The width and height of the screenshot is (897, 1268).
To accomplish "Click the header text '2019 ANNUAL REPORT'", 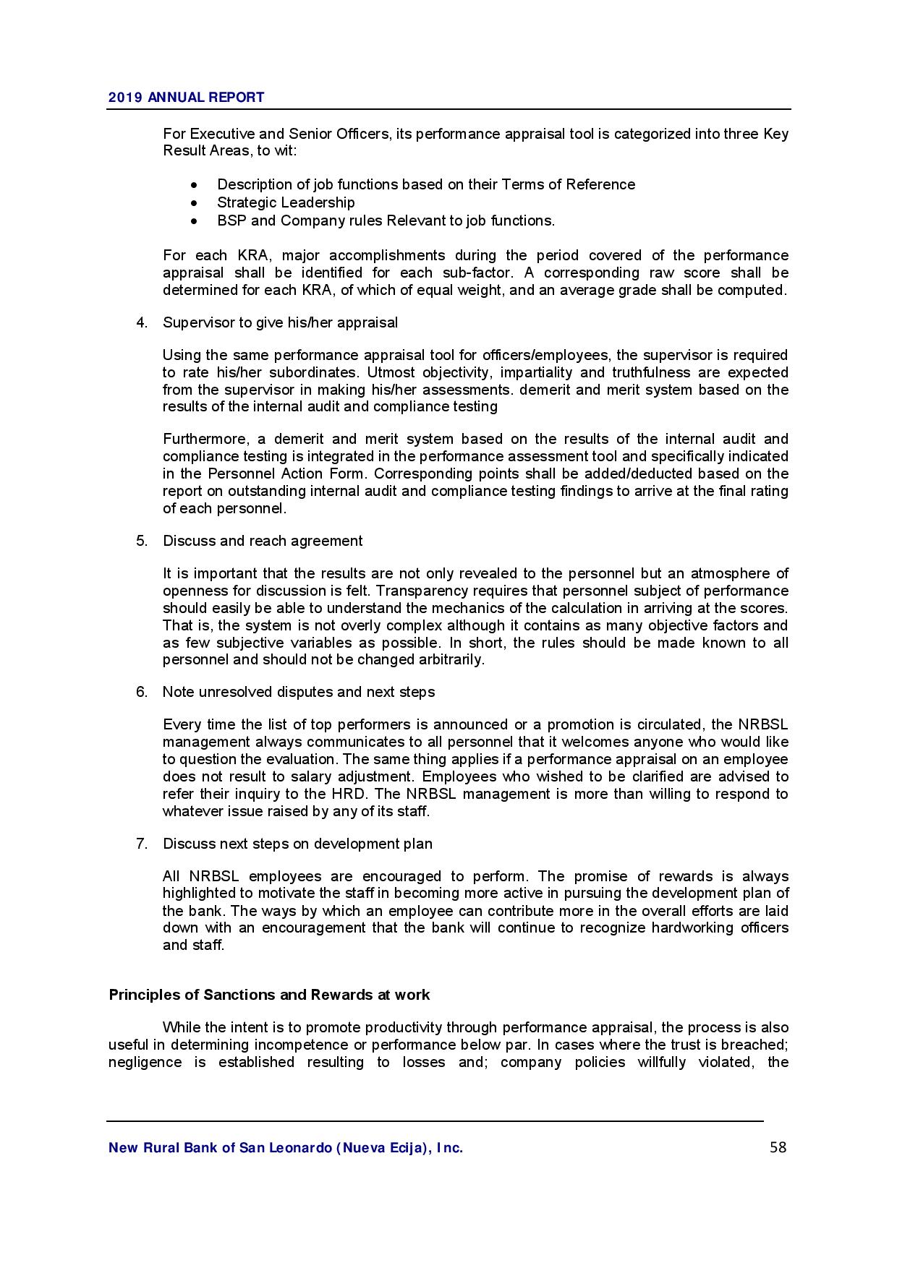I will [x=186, y=98].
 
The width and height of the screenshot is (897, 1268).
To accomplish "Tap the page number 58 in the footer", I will [x=778, y=1147].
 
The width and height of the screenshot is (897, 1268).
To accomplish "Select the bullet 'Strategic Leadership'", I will [x=286, y=202].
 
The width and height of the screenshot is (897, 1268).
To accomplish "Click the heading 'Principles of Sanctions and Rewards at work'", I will [x=269, y=995].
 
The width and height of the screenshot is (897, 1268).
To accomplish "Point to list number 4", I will [x=142, y=322].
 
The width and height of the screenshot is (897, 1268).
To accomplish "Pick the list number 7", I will [x=142, y=844].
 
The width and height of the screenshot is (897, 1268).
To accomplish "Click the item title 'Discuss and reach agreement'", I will [x=263, y=541].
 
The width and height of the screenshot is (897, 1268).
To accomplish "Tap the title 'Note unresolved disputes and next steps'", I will [x=298, y=692].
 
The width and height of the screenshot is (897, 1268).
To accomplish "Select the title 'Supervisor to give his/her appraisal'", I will [x=280, y=322].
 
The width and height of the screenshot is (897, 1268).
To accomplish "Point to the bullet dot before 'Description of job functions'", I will [x=195, y=185].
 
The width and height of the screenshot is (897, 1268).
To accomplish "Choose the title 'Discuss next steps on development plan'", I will [x=297, y=844].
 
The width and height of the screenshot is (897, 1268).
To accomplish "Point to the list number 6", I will [x=142, y=692].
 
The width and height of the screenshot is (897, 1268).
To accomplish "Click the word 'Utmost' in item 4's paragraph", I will [x=391, y=372].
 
